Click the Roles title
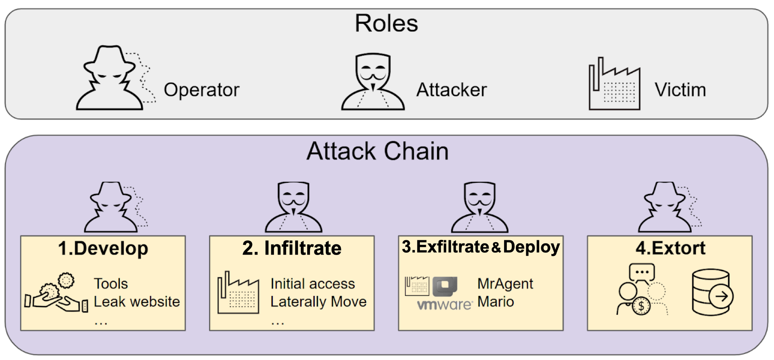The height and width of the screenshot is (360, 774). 386,24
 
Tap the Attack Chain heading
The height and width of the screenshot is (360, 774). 377,151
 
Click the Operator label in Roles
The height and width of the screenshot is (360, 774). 201,90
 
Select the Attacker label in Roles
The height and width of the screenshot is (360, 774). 451,90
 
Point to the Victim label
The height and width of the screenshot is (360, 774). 680,90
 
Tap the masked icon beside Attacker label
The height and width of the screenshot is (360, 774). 373,82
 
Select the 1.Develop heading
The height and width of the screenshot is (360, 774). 103,249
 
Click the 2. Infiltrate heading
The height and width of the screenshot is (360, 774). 292,249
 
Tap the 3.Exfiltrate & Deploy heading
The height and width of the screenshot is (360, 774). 481,247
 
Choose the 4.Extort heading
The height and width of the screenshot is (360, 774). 670,249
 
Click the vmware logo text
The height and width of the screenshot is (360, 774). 444,304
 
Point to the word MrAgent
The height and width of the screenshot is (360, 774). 505,284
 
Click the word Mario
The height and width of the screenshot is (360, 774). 495,302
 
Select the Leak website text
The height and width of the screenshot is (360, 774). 136,302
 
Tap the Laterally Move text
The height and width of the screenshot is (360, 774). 318,302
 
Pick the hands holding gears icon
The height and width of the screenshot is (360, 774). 56,294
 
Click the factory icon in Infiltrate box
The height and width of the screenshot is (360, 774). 238,293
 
